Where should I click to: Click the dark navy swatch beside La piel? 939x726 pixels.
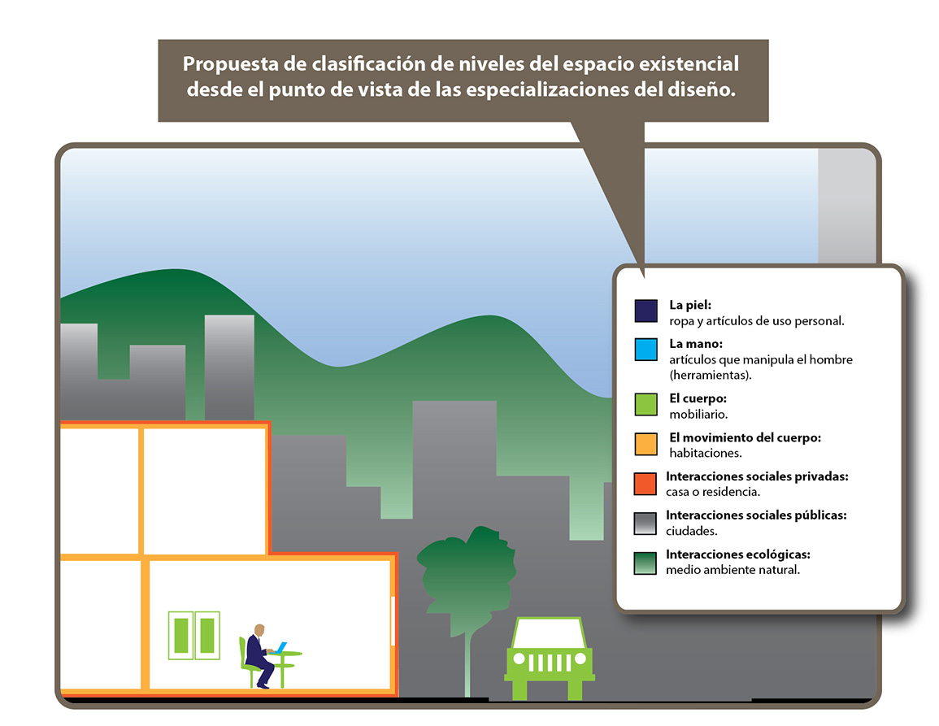[646, 311]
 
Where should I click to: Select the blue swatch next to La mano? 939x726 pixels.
[646, 350]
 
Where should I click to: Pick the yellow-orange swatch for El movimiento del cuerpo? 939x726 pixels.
[646, 444]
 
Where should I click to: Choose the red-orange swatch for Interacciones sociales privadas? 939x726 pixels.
[646, 483]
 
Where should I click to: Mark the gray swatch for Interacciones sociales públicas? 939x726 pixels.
[646, 523]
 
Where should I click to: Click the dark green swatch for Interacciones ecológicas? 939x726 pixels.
[646, 563]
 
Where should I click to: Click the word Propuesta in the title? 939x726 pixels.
[231, 64]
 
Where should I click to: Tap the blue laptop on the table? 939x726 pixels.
[280, 648]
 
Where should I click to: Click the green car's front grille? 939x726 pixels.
[549, 663]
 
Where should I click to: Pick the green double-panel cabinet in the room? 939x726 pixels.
[194, 635]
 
